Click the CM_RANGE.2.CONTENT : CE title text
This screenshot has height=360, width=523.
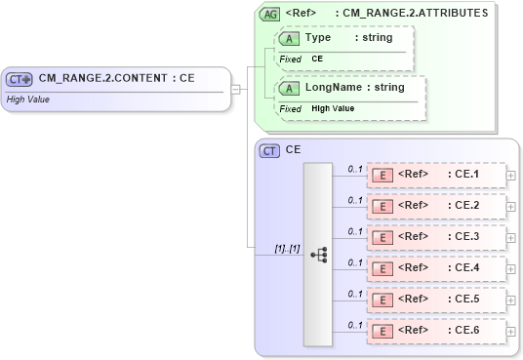(116, 78)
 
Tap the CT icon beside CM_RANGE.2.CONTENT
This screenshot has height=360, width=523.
(20, 79)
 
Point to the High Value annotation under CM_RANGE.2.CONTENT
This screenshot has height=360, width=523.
(29, 99)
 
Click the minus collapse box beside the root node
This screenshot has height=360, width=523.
(235, 90)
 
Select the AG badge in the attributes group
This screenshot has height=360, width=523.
(269, 15)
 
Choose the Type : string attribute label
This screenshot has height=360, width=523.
(348, 38)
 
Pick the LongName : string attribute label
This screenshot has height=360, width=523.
(354, 88)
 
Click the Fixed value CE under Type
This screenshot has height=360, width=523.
(317, 60)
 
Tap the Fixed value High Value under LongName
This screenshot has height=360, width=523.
(333, 109)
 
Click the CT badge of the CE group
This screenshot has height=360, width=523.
(269, 150)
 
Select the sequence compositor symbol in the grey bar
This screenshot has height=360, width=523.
(318, 254)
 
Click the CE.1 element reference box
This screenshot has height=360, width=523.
(436, 176)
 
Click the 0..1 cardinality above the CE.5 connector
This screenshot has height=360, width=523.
(355, 293)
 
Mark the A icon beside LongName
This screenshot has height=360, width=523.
(289, 89)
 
